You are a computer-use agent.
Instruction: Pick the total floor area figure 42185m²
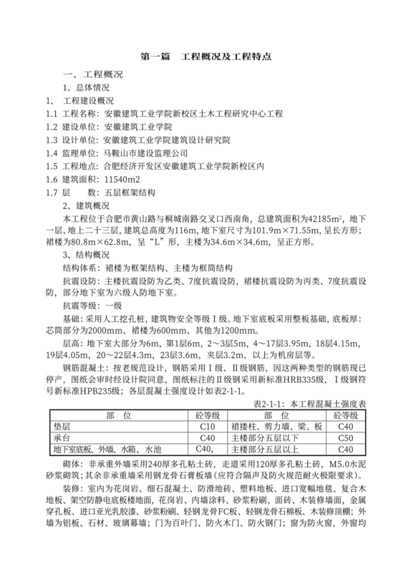[306, 217]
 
